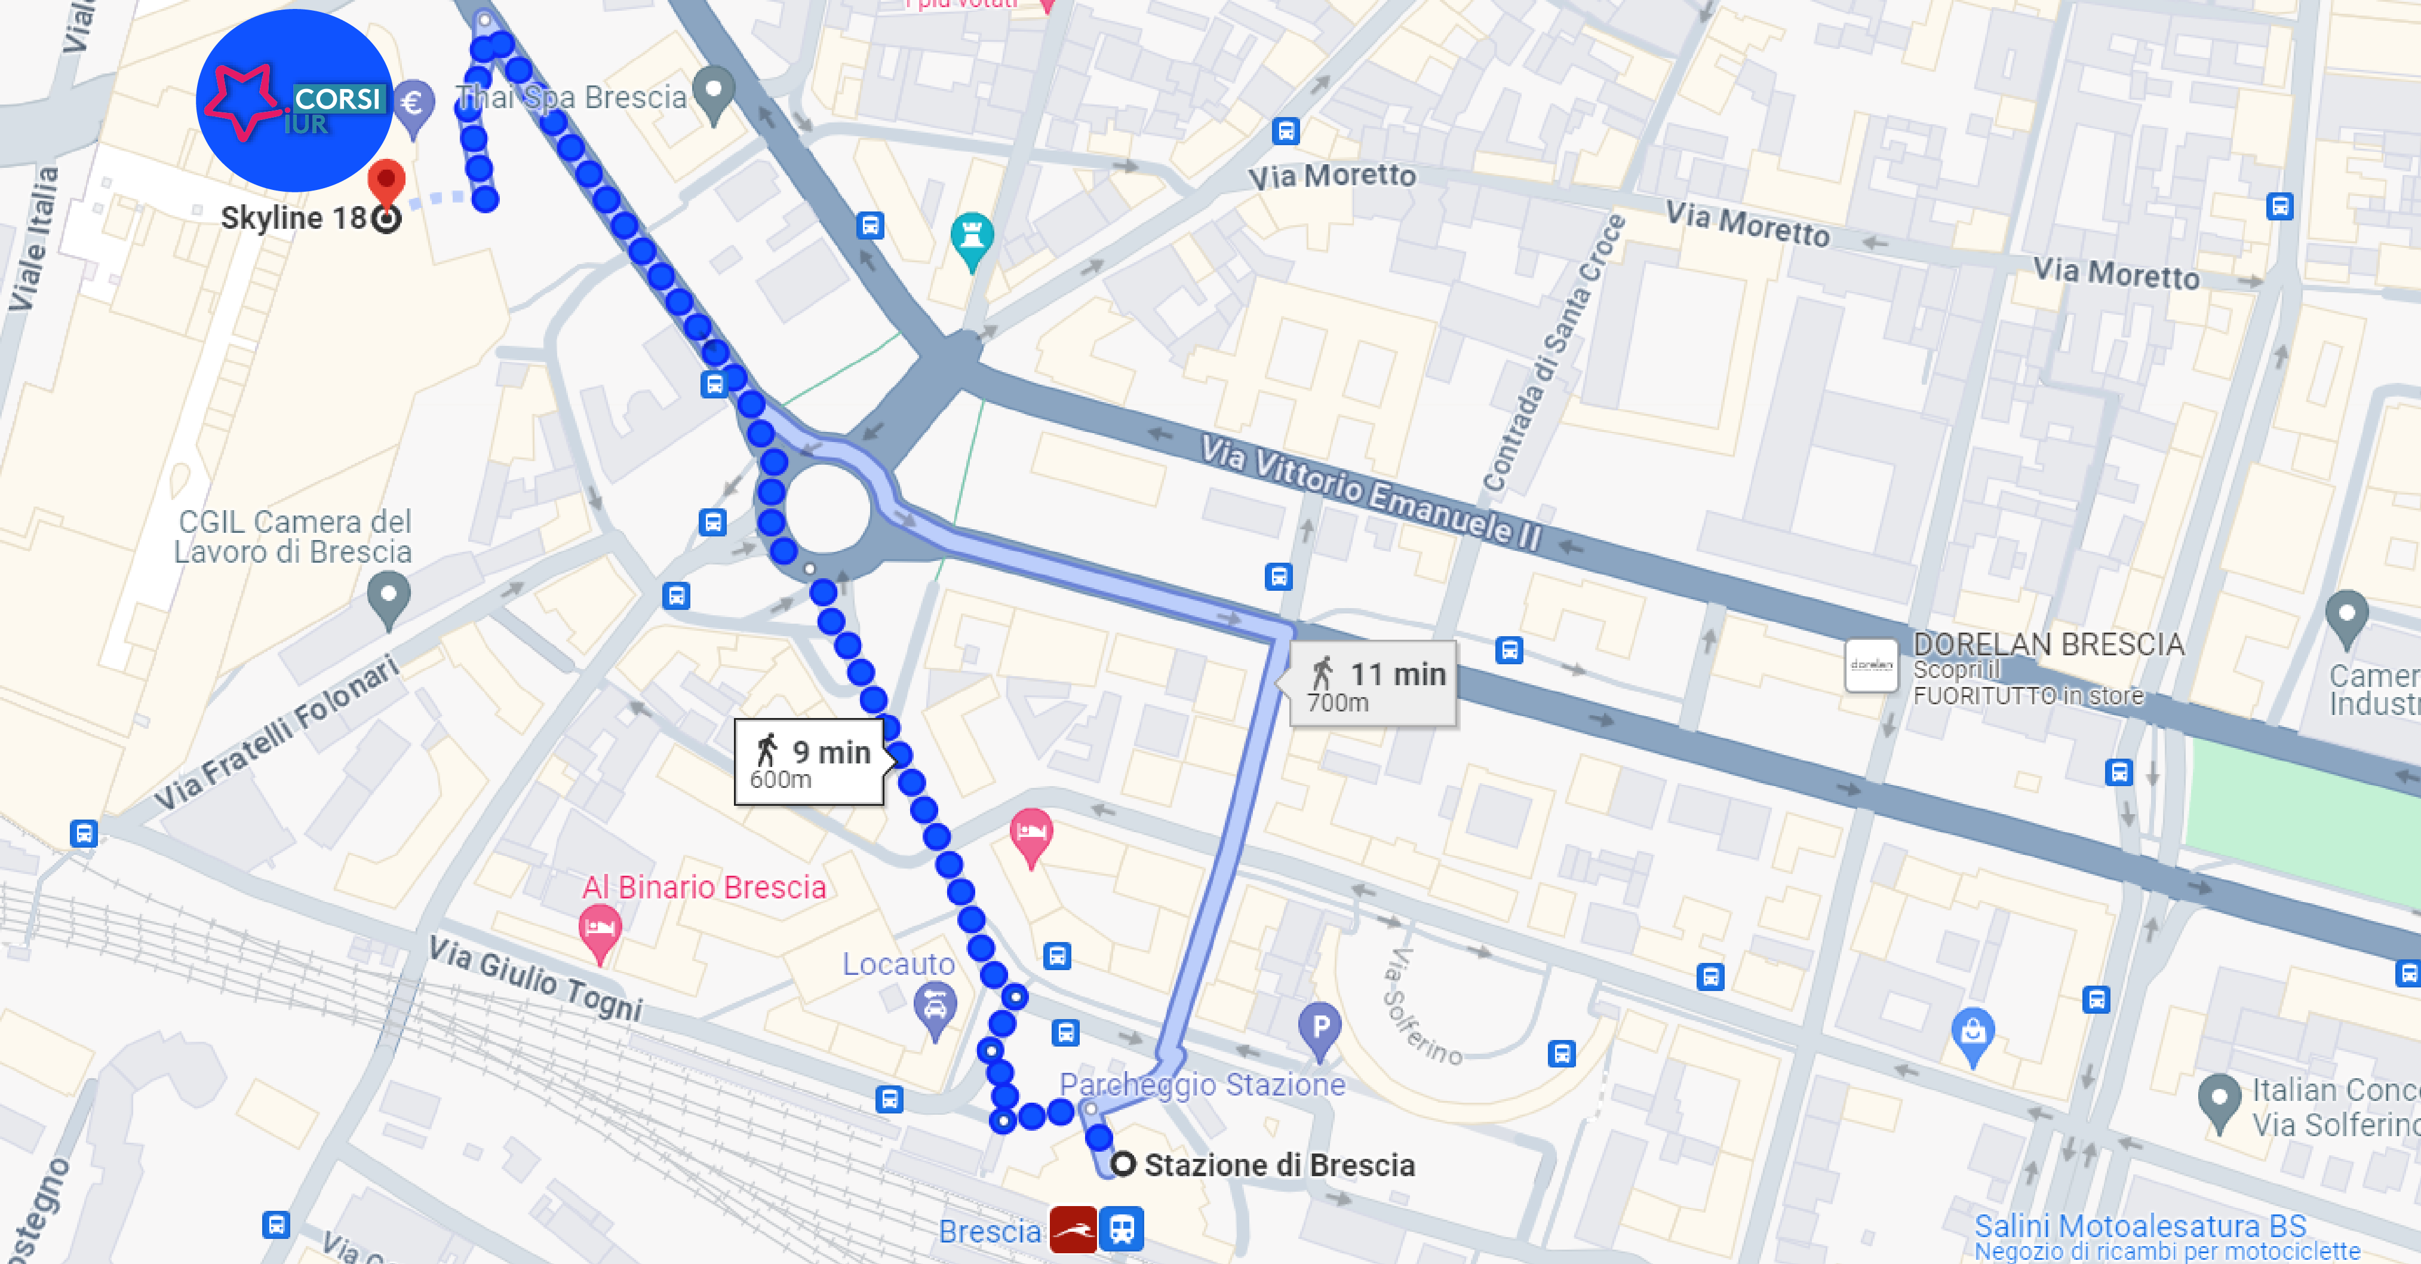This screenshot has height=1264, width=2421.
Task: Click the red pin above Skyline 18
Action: pyautogui.click(x=386, y=180)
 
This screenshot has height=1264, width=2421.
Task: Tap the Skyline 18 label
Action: pyautogui.click(x=293, y=218)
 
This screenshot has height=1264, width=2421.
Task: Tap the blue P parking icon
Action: pyautogui.click(x=1320, y=1027)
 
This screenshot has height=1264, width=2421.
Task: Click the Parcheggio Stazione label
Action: pyautogui.click(x=1202, y=1085)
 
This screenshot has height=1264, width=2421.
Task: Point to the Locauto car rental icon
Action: pyautogui.click(x=935, y=1008)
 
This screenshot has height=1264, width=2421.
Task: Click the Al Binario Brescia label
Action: pyautogui.click(x=704, y=887)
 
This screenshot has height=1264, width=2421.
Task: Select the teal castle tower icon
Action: pyautogui.click(x=972, y=236)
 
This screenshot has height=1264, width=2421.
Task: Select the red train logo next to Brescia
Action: pyautogui.click(x=1073, y=1229)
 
